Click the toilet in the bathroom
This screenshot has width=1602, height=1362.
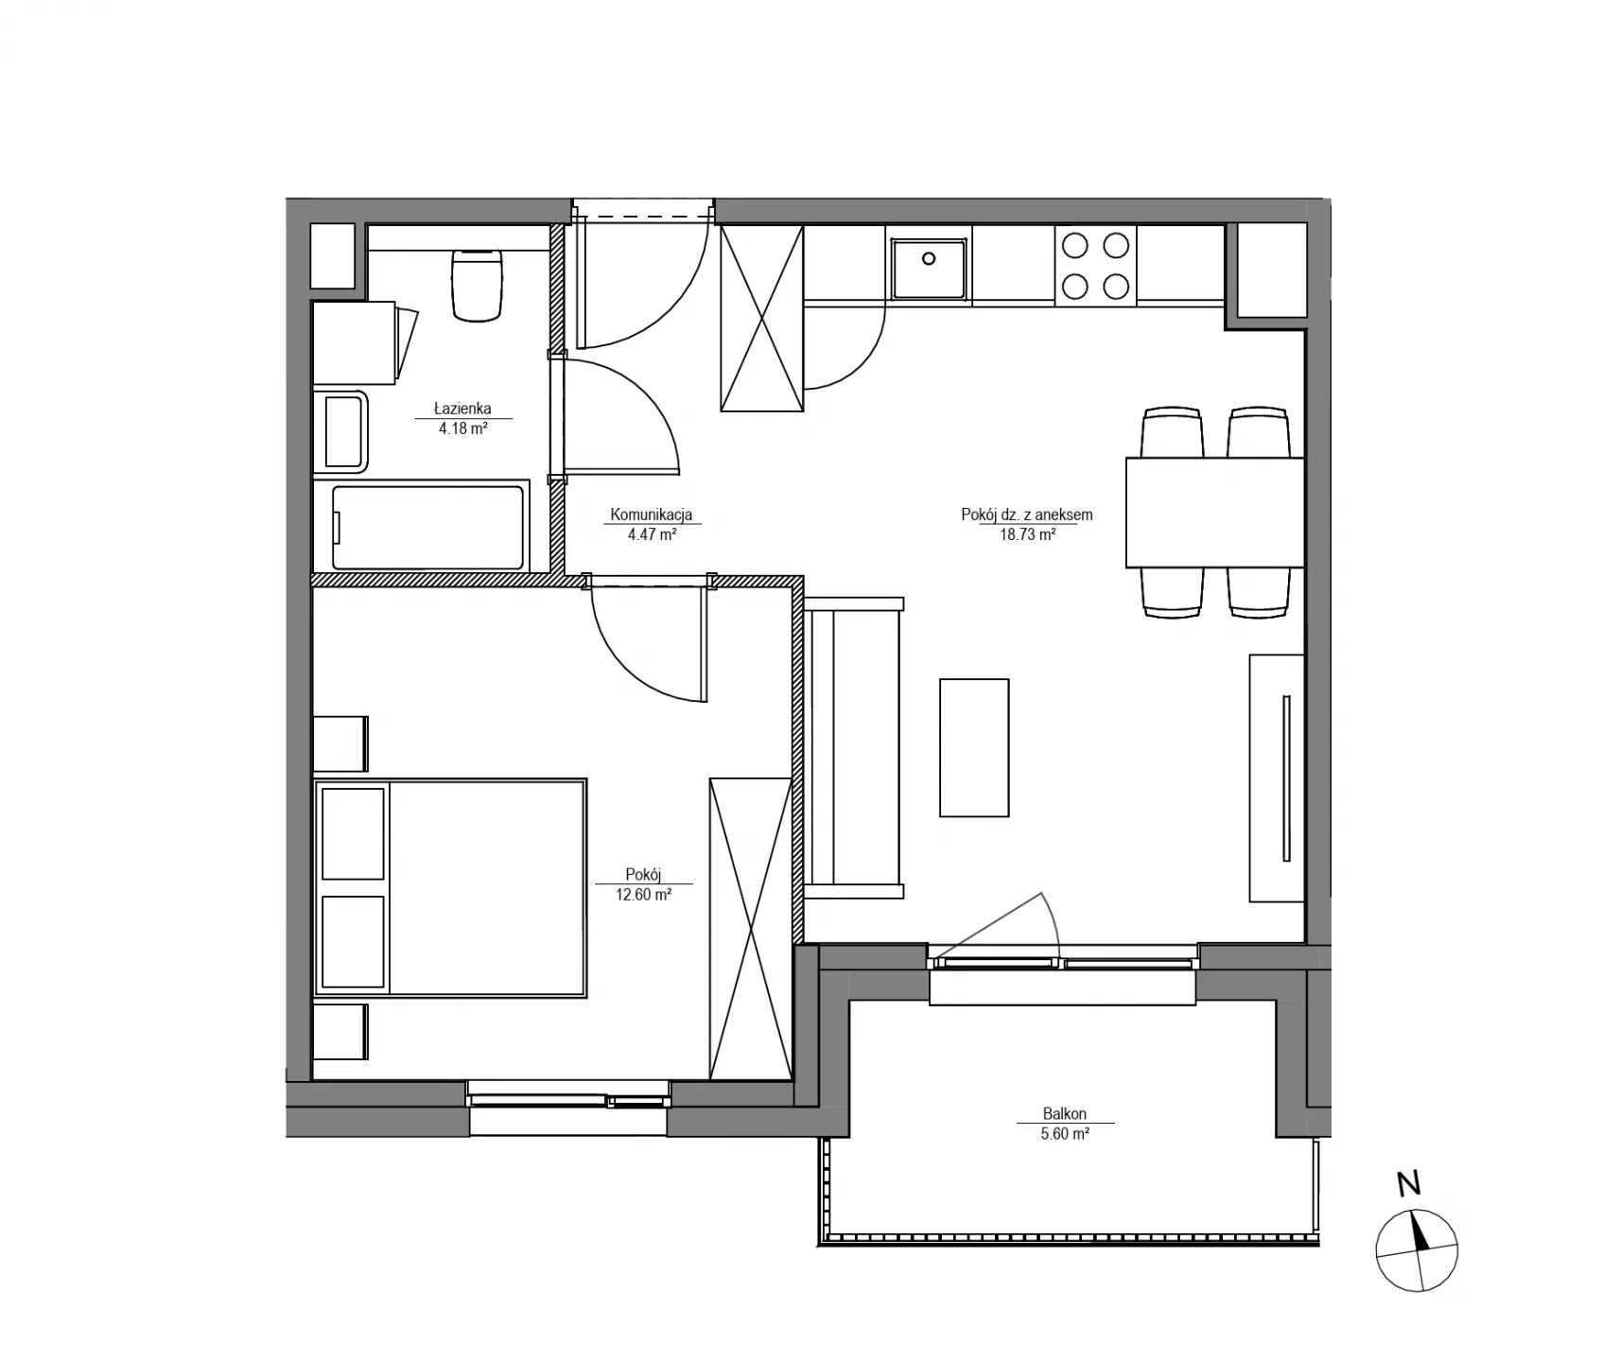click(477, 284)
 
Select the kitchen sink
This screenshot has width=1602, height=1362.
click(929, 269)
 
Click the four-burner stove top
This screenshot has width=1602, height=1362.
click(1095, 265)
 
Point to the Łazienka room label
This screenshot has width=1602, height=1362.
click(462, 409)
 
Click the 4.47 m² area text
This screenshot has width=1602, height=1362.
click(652, 533)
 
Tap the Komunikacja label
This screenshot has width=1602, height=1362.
click(652, 515)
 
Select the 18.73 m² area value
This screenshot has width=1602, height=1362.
click(1028, 533)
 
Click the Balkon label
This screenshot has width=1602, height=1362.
click(1065, 1114)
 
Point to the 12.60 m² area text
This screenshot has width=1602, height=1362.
click(644, 894)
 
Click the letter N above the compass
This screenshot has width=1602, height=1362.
click(1409, 1183)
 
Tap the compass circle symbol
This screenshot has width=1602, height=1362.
click(1417, 1251)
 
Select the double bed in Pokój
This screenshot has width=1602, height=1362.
click(450, 888)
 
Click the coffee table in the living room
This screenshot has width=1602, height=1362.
click(974, 747)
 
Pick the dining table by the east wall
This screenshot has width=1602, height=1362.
click(1215, 512)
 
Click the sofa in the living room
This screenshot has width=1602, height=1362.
click(853, 747)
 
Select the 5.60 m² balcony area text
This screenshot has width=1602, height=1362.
click(1065, 1134)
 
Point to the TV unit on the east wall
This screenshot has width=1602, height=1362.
click(1277, 777)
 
